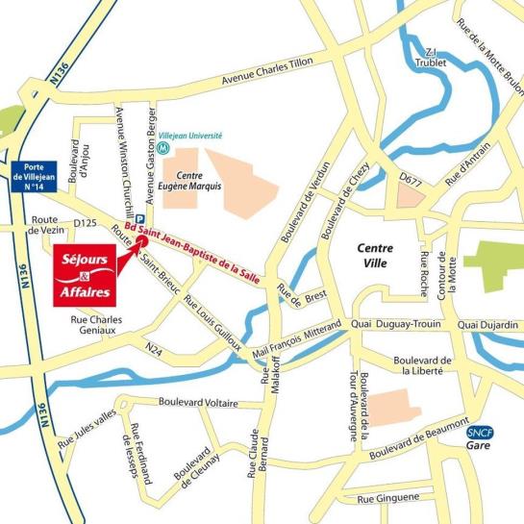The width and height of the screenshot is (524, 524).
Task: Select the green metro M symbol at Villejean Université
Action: [x=165, y=149]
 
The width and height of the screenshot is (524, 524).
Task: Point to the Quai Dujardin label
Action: [x=490, y=326]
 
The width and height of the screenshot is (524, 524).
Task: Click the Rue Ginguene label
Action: [x=388, y=499]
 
